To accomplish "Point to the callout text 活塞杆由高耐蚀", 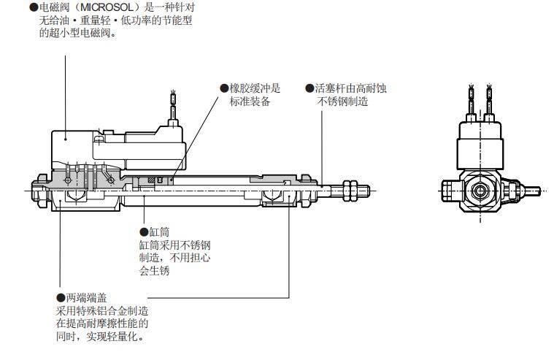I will tap(350, 88).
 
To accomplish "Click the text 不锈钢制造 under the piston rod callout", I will tap(343, 102).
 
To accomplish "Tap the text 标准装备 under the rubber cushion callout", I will tap(250, 102).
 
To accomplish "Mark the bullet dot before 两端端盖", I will tap(61, 298).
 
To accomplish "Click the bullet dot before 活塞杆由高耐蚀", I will tap(309, 88).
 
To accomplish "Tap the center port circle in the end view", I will tap(482, 191).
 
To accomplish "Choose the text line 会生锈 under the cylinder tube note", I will tap(154, 272).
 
